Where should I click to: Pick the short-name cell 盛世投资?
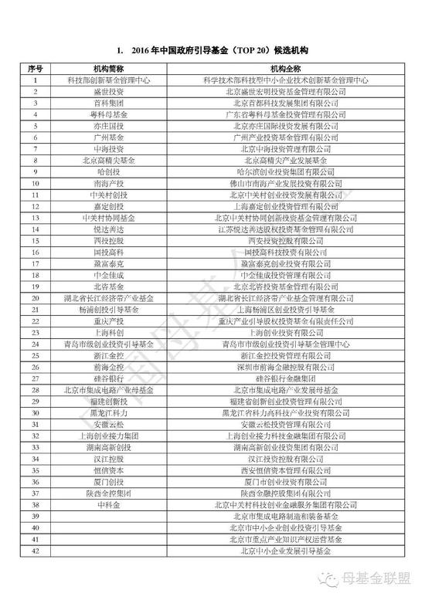tap(110, 91)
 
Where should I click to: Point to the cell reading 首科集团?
tap(110, 102)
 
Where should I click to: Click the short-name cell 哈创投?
tap(110, 171)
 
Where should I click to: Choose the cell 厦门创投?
tap(110, 482)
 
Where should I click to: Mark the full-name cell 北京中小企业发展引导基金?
tap(285, 551)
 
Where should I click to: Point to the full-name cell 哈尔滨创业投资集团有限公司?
tap(285, 171)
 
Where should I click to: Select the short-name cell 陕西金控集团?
tap(110, 493)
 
